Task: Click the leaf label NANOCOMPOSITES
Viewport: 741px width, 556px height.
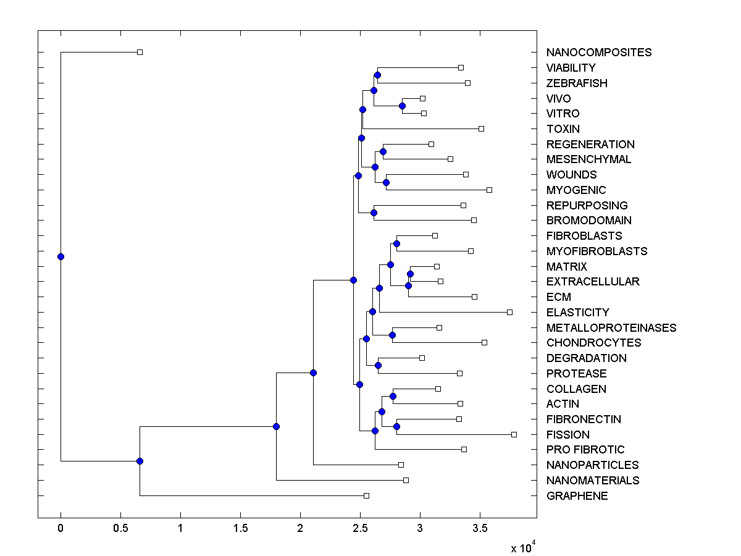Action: coord(598,53)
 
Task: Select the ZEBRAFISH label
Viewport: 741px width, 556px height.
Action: coord(577,83)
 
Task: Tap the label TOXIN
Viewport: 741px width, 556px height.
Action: coord(563,129)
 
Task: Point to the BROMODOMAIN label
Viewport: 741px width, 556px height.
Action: coord(588,221)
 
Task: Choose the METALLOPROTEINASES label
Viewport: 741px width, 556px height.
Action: coord(611,328)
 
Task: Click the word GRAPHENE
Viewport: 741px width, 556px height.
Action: coord(577,496)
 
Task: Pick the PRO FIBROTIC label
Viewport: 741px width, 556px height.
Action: coord(585,450)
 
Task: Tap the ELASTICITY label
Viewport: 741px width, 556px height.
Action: coord(577,313)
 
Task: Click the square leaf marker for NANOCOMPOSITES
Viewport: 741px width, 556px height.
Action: coord(140,52)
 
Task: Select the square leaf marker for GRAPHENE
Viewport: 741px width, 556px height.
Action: coord(366,495)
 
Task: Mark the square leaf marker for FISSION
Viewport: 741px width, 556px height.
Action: coord(514,434)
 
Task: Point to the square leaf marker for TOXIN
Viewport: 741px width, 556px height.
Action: coord(481,128)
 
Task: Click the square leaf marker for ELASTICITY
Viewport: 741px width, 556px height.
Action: coord(509,312)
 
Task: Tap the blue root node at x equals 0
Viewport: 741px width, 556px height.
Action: coord(61,256)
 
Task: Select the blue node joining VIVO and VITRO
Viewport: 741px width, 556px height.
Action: coord(402,106)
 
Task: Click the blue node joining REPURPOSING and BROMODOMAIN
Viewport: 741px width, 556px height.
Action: coord(374,213)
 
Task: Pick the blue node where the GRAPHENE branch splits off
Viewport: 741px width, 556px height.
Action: coord(140,461)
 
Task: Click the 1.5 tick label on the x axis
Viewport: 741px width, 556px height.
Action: coord(240,529)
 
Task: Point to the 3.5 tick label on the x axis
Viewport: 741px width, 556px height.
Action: coord(479,529)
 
